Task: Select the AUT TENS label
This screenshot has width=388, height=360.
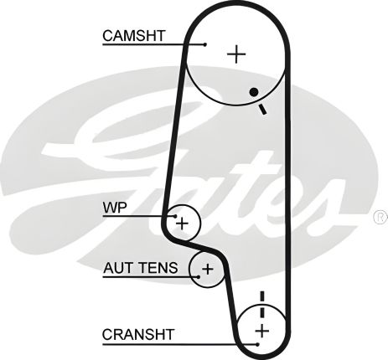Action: (141, 268)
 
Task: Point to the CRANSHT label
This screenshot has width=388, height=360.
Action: (138, 334)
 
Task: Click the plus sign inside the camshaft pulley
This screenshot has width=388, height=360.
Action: (238, 54)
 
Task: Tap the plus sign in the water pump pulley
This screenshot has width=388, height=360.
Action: (182, 223)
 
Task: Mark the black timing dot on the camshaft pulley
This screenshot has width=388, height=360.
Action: (251, 91)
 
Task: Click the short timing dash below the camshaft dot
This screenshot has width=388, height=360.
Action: (262, 109)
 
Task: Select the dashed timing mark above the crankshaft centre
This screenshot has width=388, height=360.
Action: (261, 303)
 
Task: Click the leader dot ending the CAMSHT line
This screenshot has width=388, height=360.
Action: (204, 44)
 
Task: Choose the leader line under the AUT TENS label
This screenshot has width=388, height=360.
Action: (151, 278)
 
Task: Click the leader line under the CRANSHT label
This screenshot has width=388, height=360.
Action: (168, 343)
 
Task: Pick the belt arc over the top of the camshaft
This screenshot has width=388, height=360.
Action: (237, 7)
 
